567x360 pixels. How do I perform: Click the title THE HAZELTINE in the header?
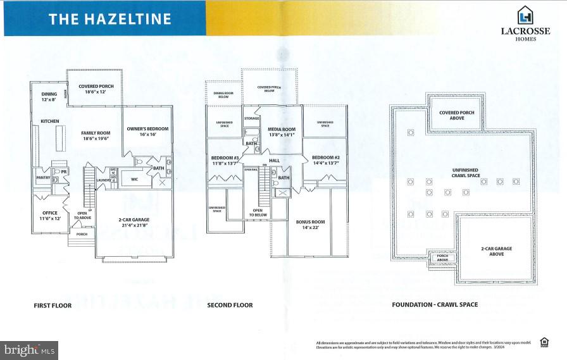(110, 19)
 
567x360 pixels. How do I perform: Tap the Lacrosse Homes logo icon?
(525, 15)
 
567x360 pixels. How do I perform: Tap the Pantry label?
(42, 178)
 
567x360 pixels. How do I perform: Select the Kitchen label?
(50, 120)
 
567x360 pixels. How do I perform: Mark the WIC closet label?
(134, 180)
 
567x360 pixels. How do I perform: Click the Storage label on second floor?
(252, 118)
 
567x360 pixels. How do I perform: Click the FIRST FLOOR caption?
(53, 305)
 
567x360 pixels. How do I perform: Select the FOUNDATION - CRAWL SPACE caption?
(434, 305)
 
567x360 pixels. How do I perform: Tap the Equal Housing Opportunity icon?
(544, 343)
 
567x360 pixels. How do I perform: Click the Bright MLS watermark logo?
(30, 349)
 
